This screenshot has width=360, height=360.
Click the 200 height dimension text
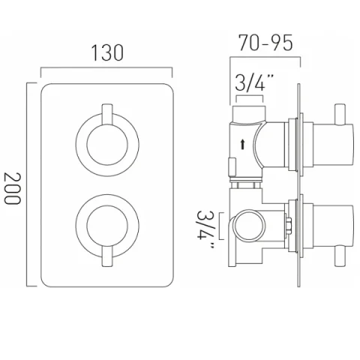(13, 184)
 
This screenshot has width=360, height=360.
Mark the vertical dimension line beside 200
(30, 184)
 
